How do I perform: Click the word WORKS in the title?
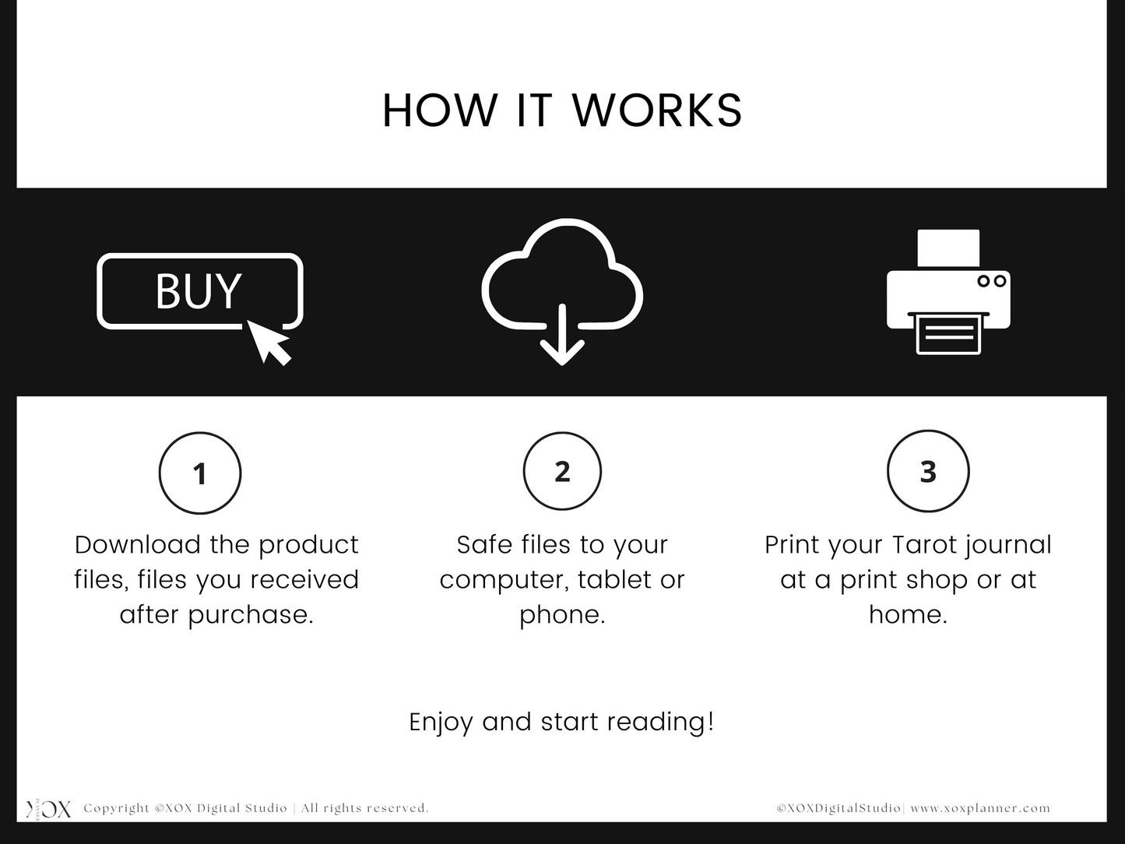coord(657,111)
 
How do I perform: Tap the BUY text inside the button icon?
coord(199,291)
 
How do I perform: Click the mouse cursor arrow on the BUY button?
coord(269,342)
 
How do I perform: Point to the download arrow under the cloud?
coord(562,335)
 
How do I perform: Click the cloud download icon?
coord(562,291)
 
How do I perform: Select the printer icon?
coord(948,291)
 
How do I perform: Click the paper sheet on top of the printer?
coord(948,248)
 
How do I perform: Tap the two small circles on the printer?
coord(991,281)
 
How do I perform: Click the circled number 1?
coord(200,473)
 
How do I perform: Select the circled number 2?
coord(562,471)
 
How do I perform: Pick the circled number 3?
coord(928,471)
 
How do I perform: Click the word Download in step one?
coord(137,545)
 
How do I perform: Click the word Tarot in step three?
coord(924,545)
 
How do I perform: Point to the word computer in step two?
coord(503,580)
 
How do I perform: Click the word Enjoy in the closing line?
coord(441,723)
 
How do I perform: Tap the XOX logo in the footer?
coord(49,809)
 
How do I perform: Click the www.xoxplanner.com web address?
coord(980,808)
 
